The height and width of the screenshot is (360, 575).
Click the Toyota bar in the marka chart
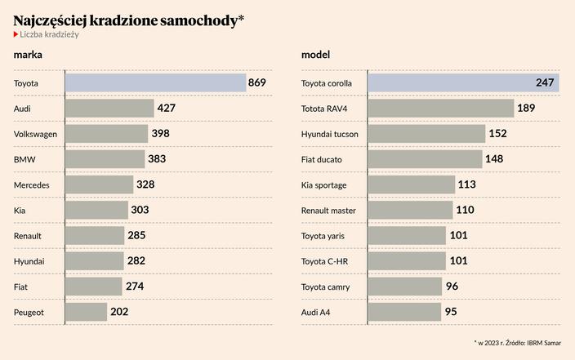pyautogui.click(x=155, y=83)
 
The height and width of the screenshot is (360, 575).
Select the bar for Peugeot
pyautogui.click(x=86, y=312)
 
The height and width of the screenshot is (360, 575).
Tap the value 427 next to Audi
pyautogui.click(x=166, y=108)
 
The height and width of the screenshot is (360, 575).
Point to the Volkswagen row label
pyautogui.click(x=35, y=134)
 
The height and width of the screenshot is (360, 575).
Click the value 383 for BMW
pyautogui.click(x=157, y=158)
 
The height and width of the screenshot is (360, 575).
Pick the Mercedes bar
pyautogui.click(x=99, y=184)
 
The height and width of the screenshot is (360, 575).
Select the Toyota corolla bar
pyautogui.click(x=463, y=82)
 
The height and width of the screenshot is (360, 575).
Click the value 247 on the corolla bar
pyautogui.click(x=545, y=82)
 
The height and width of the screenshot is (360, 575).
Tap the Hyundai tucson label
pyautogui.click(x=330, y=134)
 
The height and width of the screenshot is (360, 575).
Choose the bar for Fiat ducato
pyautogui.click(x=425, y=158)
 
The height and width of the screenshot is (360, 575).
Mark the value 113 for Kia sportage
pyautogui.click(x=468, y=184)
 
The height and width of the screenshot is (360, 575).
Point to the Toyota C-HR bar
pyautogui.click(x=407, y=260)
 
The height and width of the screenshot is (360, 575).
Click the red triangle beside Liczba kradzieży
pyautogui.click(x=16, y=34)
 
